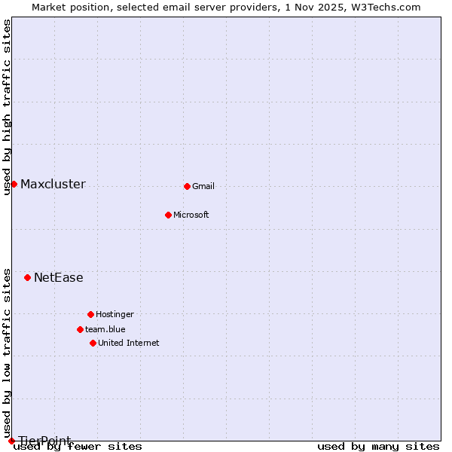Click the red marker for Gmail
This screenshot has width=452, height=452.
[x=187, y=186]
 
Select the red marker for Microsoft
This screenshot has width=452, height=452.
[x=168, y=215]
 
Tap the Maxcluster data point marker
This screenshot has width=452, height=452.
[x=14, y=184]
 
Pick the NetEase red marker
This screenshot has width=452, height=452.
[x=27, y=277]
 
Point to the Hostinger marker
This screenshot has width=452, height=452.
[x=90, y=314]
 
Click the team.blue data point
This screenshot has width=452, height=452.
[x=80, y=329]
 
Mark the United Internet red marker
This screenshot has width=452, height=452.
[x=93, y=343]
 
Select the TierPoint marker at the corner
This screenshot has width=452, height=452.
[x=11, y=441]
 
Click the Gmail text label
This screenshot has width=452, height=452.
[x=203, y=186]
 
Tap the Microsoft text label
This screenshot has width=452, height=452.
[x=191, y=215]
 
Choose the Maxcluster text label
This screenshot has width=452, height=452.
[x=53, y=185]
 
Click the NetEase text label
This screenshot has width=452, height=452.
[x=59, y=278]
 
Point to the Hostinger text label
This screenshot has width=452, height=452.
[x=115, y=314]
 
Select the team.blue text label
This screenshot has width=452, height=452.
[x=105, y=329]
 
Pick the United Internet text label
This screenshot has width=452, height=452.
[x=129, y=343]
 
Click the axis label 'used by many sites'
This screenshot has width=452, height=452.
[x=378, y=447]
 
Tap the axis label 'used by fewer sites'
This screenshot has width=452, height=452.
[x=78, y=447]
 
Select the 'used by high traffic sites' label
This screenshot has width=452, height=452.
[x=8, y=107]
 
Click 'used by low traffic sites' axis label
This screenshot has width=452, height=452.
[x=8, y=353]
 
